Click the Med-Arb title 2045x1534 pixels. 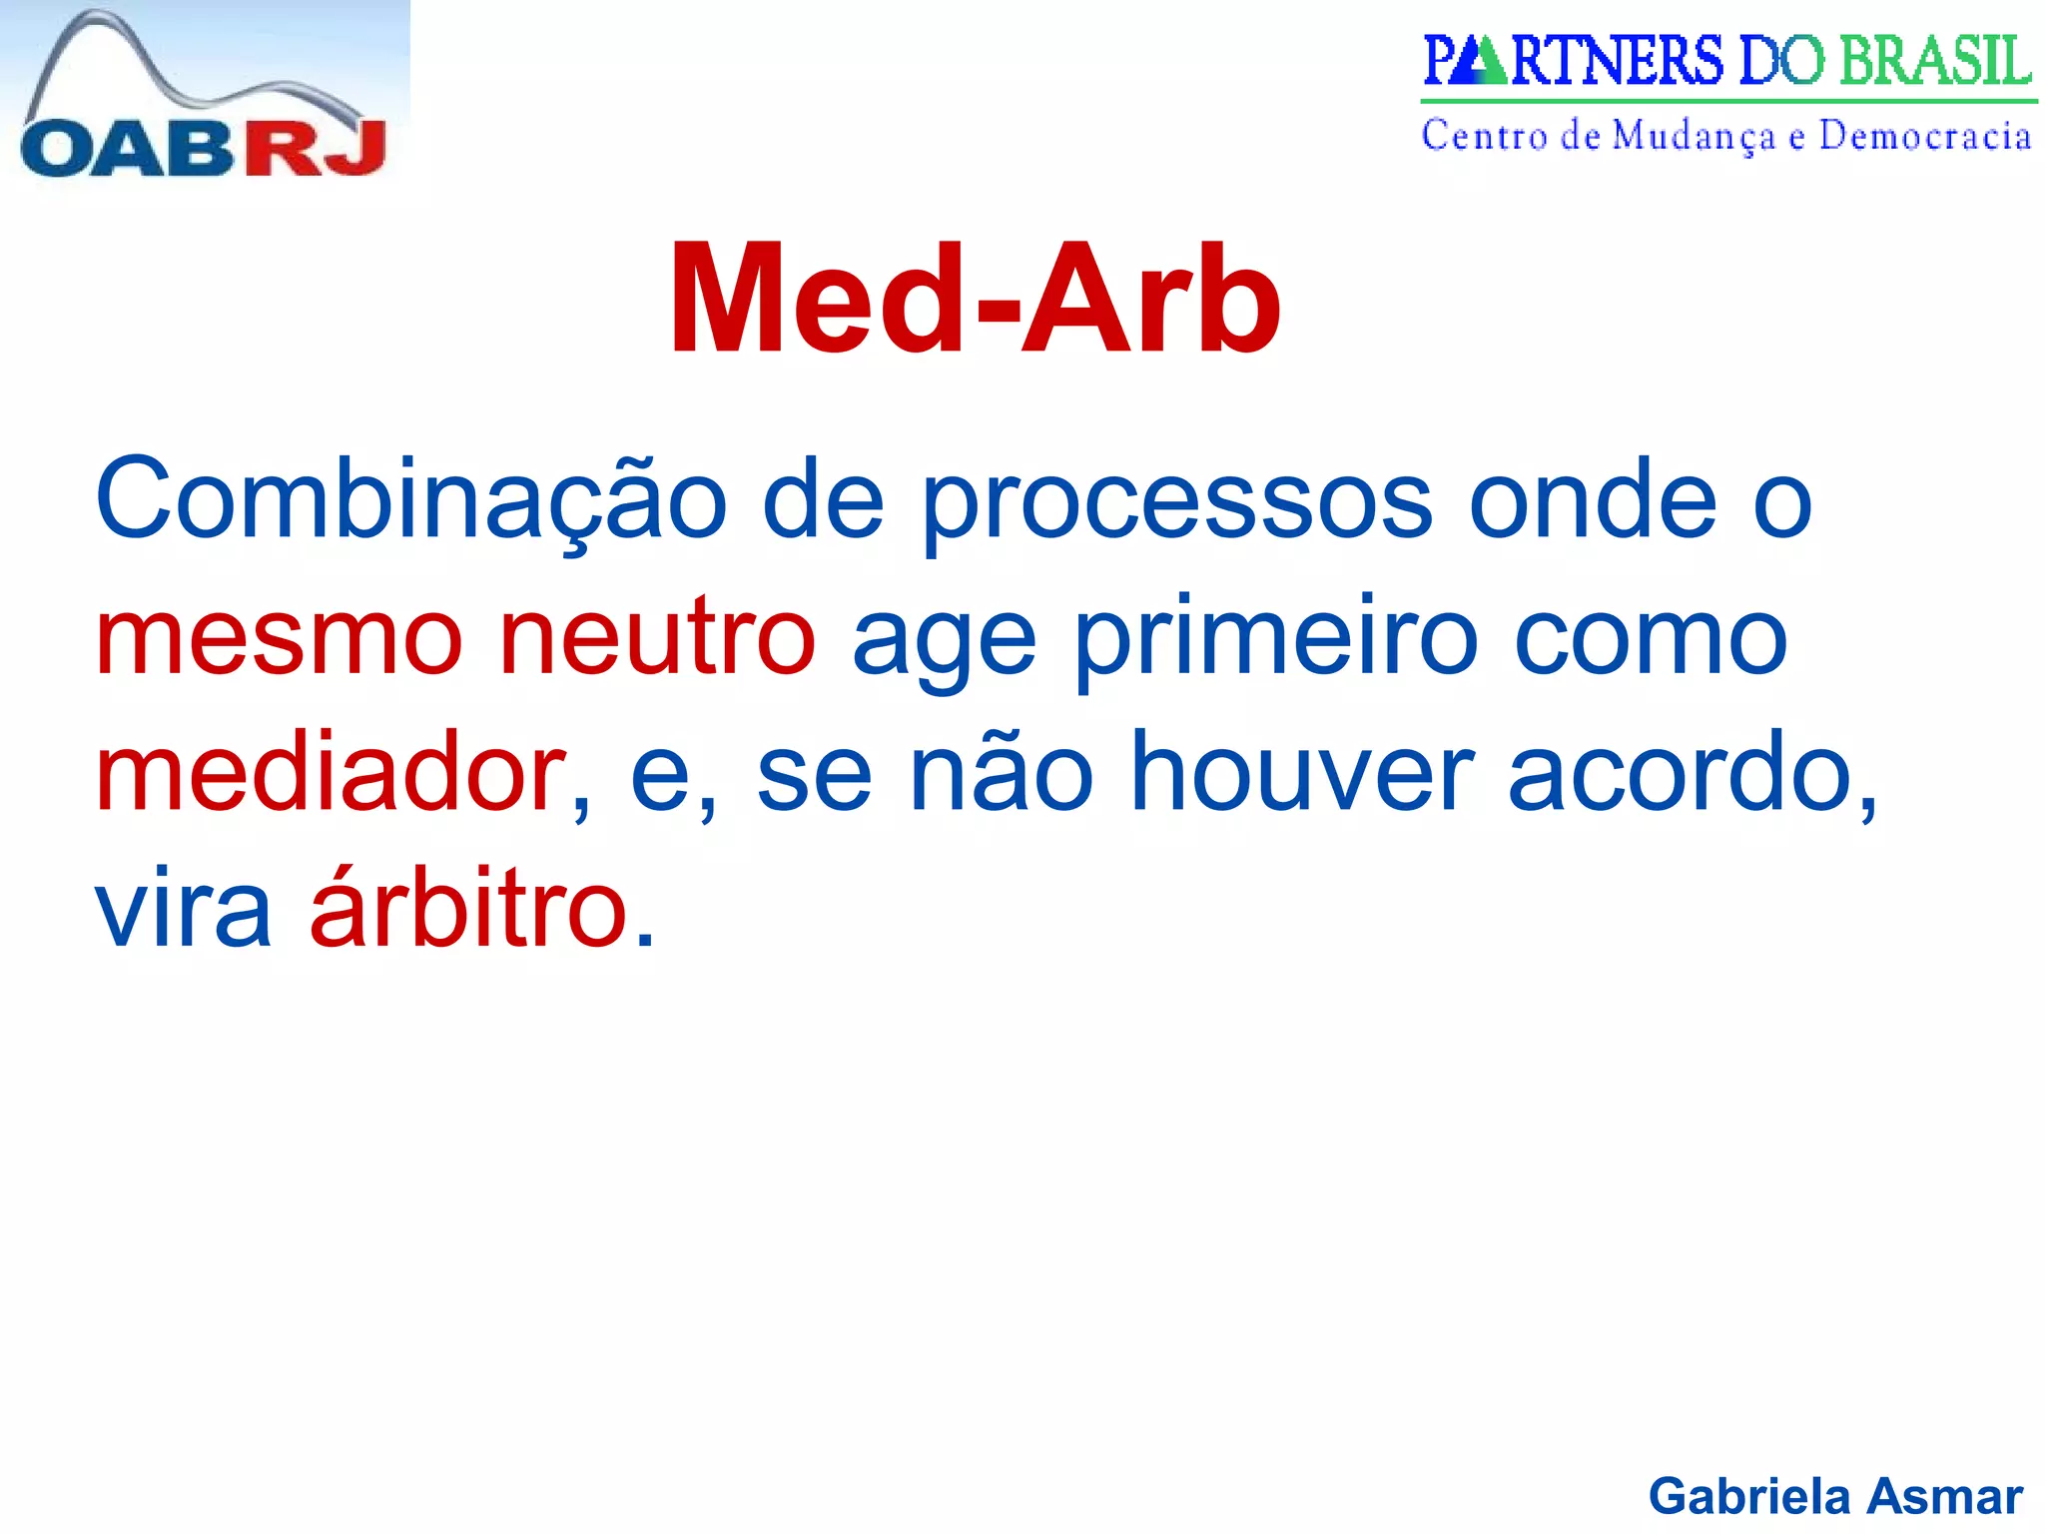976,300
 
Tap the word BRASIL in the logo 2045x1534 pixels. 1934,61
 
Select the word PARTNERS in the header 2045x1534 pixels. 1573,61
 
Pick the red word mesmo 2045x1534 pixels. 280,640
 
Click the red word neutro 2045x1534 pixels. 657,638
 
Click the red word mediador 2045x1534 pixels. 331,775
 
